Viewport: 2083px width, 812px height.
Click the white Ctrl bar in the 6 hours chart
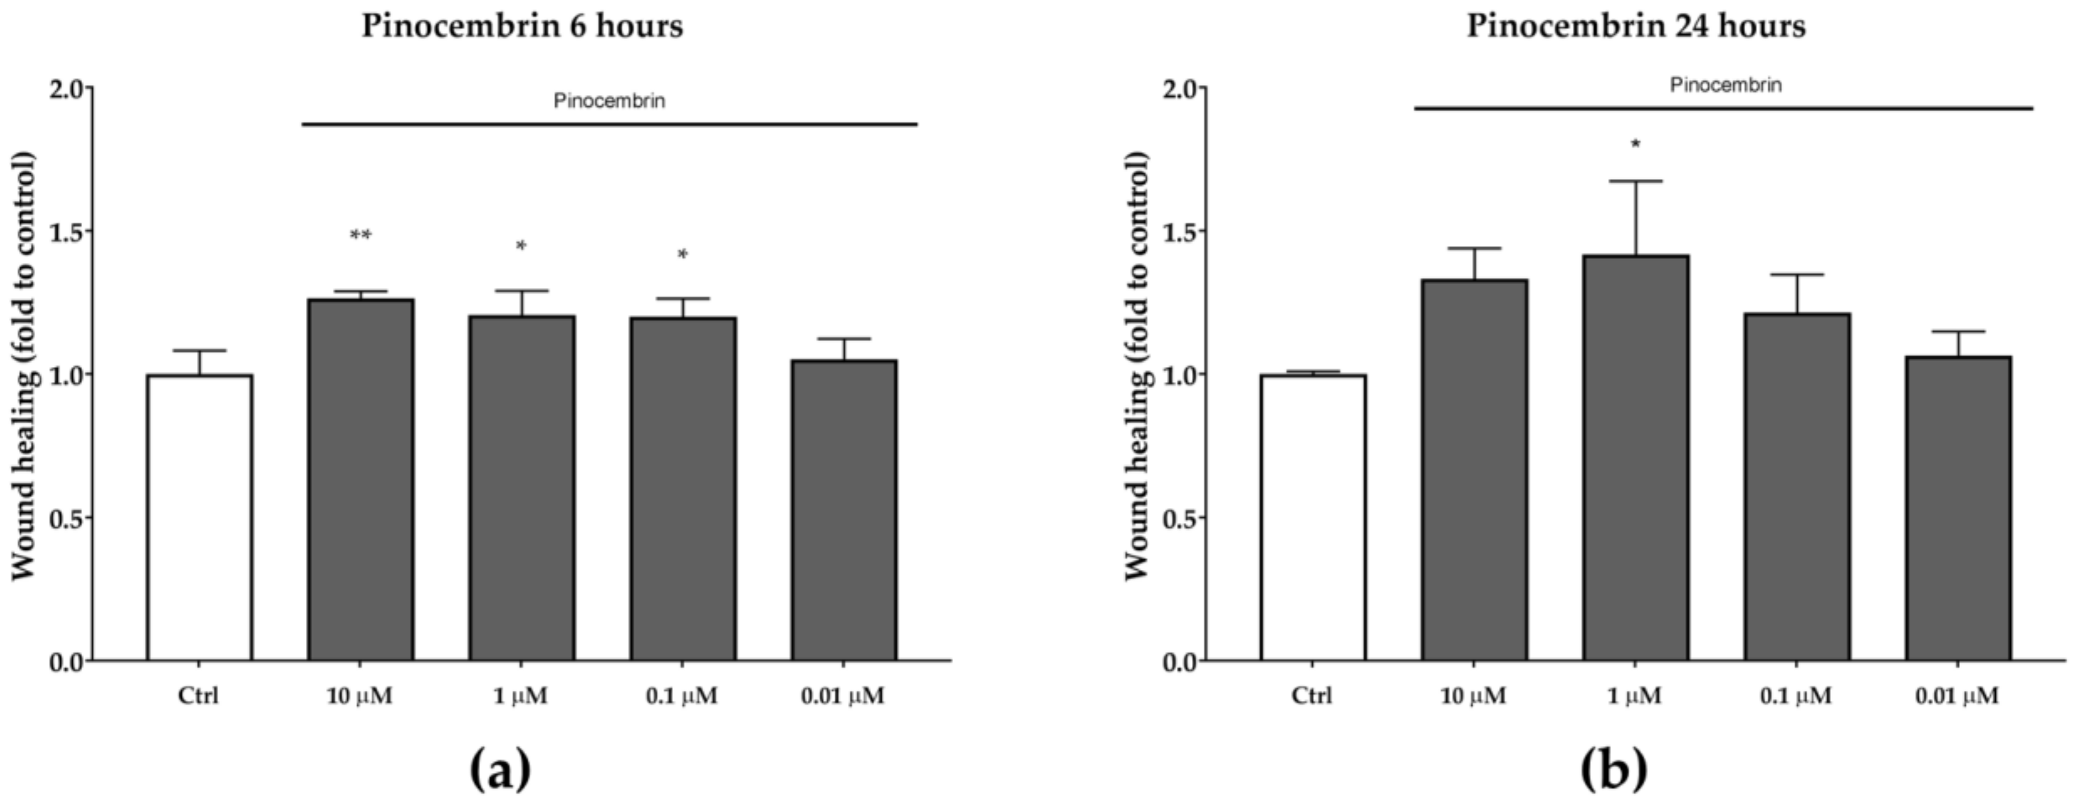[199, 518]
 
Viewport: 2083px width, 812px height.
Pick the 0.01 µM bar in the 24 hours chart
[1958, 509]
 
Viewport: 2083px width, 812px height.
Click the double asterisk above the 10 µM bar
[360, 235]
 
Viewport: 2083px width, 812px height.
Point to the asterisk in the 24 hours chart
[1635, 145]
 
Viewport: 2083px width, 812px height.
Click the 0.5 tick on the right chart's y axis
[1180, 518]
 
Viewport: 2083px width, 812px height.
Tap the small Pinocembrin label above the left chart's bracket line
[609, 101]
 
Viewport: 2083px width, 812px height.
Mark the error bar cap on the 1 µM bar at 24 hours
[1635, 181]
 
